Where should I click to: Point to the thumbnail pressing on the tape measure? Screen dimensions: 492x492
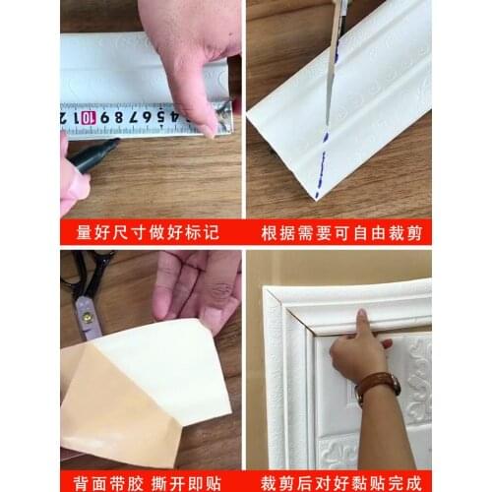(209, 127)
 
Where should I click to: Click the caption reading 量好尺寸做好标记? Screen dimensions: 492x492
(150, 234)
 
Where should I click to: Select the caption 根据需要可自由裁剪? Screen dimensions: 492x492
(339, 234)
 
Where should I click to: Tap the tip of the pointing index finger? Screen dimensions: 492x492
(361, 317)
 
